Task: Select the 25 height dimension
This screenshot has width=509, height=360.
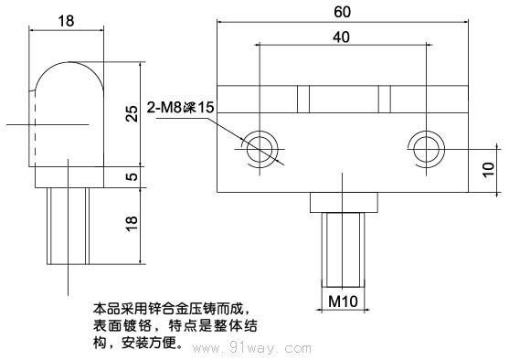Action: (x=133, y=113)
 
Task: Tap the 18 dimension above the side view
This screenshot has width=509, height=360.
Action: (x=65, y=20)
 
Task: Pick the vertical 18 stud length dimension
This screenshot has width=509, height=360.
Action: (x=133, y=222)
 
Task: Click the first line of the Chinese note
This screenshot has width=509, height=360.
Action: (x=171, y=308)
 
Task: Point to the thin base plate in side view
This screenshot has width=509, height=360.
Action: (x=68, y=177)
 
